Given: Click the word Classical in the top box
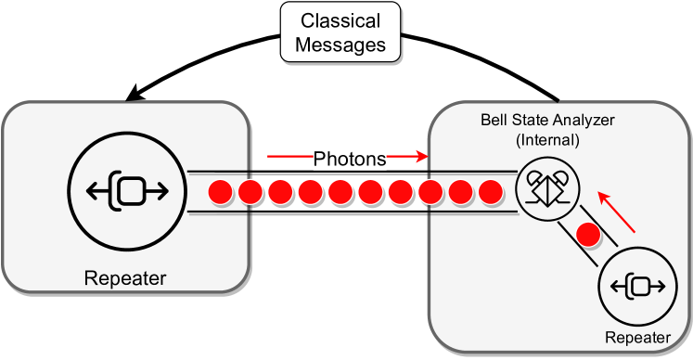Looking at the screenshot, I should pos(340,20).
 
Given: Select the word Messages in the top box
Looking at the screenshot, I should pos(340,44).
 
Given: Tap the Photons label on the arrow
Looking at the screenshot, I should pos(350,159).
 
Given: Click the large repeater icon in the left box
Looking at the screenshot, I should pos(126,191).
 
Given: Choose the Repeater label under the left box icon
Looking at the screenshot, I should pos(125,277).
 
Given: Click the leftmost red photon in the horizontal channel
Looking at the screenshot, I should pos(220,193).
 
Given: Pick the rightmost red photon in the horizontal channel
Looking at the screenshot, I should pos(490,193).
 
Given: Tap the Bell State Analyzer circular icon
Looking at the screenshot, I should pos(546,188).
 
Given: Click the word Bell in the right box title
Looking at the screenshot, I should pos(494,121).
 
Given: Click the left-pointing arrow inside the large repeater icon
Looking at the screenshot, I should pos(98,191).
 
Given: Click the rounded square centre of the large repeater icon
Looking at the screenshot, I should pos(129,191).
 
